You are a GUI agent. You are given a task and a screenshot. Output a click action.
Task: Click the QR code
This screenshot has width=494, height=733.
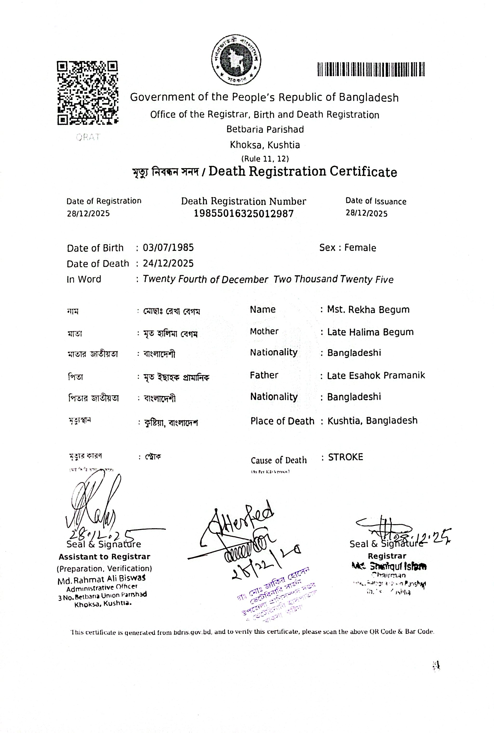[88, 93]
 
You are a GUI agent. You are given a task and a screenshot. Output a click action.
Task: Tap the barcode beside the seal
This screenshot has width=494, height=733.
[371, 69]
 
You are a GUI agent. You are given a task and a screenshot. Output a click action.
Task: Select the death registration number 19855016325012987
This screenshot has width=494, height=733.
[244, 214]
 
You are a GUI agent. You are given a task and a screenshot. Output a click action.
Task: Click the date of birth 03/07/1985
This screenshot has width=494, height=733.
[168, 248]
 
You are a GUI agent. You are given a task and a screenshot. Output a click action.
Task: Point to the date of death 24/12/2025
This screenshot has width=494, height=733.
[168, 263]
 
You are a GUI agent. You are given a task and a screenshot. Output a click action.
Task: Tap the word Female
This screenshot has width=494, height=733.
[360, 248]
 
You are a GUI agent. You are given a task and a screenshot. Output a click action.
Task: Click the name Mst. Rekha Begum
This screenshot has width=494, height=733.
[368, 310]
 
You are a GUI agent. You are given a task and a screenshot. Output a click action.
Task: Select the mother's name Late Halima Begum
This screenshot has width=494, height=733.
[370, 332]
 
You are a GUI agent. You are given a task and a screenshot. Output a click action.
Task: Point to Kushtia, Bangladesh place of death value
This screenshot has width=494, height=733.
[372, 421]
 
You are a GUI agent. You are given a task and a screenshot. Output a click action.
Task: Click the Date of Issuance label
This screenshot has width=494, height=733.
[376, 201]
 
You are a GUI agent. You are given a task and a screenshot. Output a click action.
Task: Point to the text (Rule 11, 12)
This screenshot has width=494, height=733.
[265, 158]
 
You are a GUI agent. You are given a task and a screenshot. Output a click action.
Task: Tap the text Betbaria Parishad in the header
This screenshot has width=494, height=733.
[265, 129]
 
